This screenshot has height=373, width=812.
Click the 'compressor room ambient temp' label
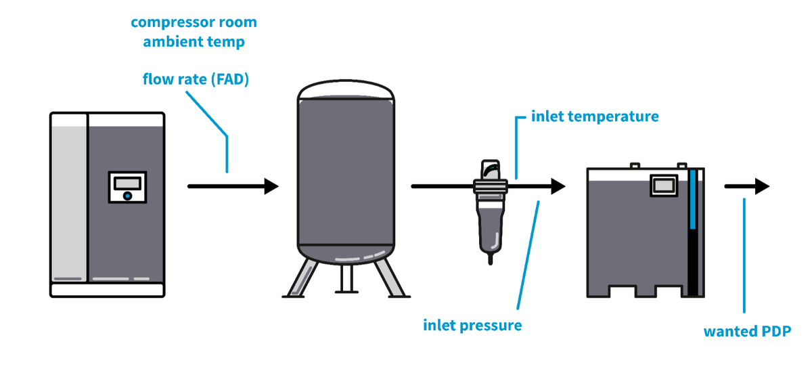coord(194,32)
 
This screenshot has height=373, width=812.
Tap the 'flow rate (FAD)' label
coord(196,79)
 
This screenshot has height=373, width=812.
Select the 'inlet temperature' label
coord(595,116)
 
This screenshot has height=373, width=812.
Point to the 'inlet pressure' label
coord(472,325)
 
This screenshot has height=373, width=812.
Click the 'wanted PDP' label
coord(747,331)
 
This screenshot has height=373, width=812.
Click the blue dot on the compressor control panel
coord(127,196)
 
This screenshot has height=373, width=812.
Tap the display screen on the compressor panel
coord(128,183)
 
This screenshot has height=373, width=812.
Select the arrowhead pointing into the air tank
coord(271,186)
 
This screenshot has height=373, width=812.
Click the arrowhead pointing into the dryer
coord(558,186)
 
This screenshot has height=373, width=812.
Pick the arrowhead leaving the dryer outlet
coord(763,186)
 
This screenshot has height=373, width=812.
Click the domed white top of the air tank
coord(346,89)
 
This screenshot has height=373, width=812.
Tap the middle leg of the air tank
coord(346,278)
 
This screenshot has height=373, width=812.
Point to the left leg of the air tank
coord(302,279)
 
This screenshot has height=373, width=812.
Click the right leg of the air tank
coord(390,279)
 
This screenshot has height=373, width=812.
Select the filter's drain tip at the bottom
coord(491,259)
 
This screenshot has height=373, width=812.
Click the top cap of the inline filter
coord(491,170)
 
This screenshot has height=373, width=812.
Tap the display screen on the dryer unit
coord(664,185)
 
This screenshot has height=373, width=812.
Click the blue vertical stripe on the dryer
coord(693,199)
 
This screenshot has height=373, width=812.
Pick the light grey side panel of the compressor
coord(69,203)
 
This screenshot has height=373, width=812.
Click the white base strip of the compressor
coord(108,290)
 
